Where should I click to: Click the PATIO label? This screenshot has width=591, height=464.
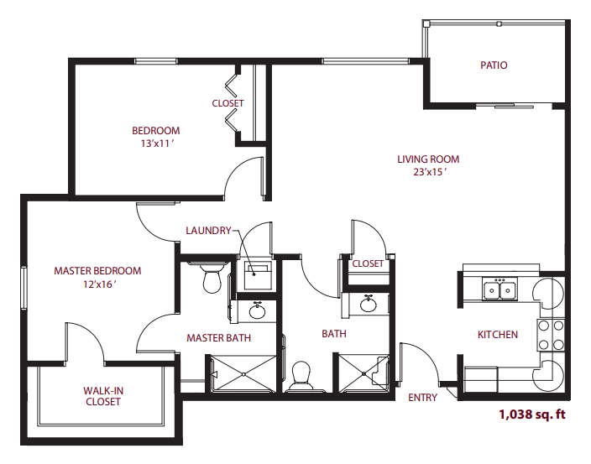pos(494,65)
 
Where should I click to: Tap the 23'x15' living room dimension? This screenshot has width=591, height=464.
pos(430,172)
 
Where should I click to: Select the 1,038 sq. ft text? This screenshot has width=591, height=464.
pos(532,414)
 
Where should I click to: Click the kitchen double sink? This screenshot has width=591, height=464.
pos(499,289)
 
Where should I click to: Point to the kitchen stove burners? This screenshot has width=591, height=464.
pos(551,335)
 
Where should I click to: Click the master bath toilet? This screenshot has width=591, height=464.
pos(212,278)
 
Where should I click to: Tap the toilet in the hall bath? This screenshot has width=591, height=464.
pos(301,376)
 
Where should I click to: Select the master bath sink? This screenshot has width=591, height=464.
pos(258,311)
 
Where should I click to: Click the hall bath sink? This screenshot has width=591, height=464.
pos(368,304)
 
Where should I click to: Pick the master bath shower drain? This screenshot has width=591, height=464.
pos(243,374)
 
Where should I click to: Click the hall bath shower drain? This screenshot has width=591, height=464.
pos(363,373)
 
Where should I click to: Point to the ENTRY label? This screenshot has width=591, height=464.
pos(422,398)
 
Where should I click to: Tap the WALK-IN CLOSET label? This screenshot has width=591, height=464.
pos(103,396)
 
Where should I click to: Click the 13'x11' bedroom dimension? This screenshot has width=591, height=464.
pos(157,143)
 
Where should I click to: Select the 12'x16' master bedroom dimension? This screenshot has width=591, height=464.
pos(99,284)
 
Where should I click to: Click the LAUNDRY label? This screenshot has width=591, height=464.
pos(208,231)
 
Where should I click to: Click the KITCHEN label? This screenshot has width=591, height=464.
pos(498,335)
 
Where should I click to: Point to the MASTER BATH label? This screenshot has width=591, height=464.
pos(218,338)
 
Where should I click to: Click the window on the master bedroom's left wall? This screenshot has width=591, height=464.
pos(24,288)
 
